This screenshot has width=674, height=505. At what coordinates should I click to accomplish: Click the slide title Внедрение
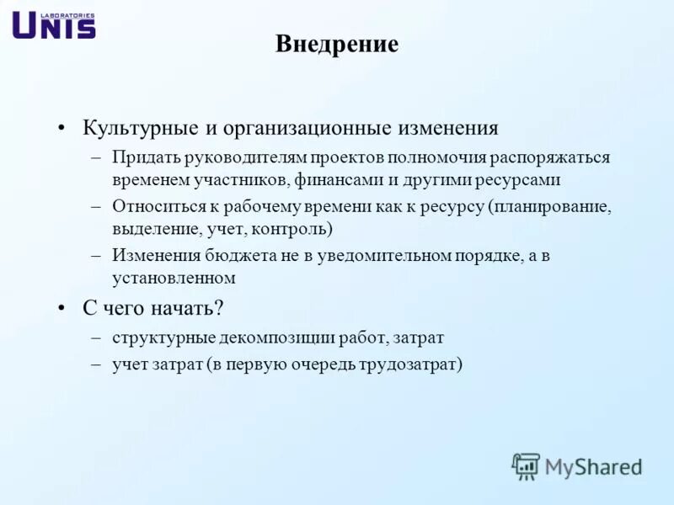click(336, 45)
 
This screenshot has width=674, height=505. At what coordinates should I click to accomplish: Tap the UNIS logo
click(54, 25)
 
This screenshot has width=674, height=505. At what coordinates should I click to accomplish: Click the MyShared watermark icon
click(526, 465)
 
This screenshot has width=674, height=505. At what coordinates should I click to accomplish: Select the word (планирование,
click(548, 206)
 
